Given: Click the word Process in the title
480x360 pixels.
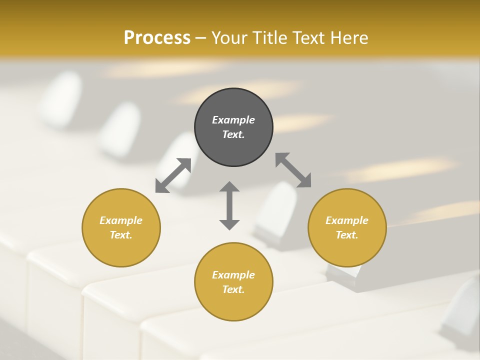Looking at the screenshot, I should tap(157, 37).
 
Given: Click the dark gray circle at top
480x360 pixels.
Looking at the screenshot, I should tap(233, 102).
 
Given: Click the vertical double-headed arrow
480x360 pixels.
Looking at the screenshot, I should tap(229, 205).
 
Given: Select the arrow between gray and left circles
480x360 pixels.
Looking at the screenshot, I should tap(173, 175).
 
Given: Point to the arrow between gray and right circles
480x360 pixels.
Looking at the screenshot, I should tap(293, 170).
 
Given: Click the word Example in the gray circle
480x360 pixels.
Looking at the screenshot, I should tap(233, 120).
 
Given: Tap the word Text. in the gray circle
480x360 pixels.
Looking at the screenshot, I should tap(233, 134).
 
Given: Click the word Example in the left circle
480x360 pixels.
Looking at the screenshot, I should tap(121, 220).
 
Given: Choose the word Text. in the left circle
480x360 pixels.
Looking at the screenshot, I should tap(121, 235).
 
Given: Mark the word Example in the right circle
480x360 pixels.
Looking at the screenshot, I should tap(347, 220).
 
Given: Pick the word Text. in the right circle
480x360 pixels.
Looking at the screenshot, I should tap(347, 235).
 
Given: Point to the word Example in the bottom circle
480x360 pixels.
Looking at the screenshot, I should tap(233, 275).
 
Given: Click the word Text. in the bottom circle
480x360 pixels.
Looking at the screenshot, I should tap(233, 289).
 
